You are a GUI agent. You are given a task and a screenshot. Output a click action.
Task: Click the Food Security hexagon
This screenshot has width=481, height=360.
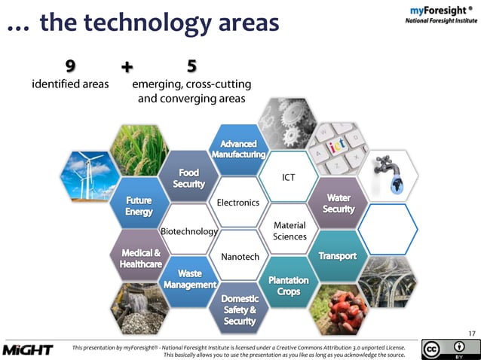pyautogui.click(x=188, y=178)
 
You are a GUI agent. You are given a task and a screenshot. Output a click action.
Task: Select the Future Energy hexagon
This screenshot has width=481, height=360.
pyautogui.click(x=139, y=206)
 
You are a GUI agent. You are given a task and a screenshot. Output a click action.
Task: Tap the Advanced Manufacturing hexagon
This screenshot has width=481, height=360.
pyautogui.click(x=238, y=148)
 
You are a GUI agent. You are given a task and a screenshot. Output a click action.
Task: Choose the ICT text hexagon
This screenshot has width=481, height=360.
pyautogui.click(x=288, y=178)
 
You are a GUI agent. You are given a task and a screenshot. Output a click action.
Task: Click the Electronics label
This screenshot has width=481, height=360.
pyautogui.click(x=237, y=203)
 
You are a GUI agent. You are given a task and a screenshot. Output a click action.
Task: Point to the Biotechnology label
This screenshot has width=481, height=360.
pyautogui.click(x=188, y=231)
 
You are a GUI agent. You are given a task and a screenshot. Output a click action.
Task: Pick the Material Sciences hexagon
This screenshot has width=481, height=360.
pyautogui.click(x=289, y=230)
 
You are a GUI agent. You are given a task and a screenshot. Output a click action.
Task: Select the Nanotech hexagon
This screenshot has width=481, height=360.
pyautogui.click(x=239, y=257)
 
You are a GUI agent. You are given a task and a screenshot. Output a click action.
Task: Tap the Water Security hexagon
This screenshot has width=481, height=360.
pyautogui.click(x=338, y=203)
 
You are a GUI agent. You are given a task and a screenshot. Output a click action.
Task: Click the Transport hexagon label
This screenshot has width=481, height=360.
pyautogui.click(x=337, y=256)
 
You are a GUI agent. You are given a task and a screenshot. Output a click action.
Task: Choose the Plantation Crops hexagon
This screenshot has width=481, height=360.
pyautogui.click(x=288, y=285)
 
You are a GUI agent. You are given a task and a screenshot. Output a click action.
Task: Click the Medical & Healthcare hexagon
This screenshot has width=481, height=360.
pyautogui.click(x=140, y=258)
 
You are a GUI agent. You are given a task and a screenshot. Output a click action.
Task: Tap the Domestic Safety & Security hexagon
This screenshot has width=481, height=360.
pyautogui.click(x=239, y=310)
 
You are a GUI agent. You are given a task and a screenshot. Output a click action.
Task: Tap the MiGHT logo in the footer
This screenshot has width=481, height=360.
pyautogui.click(x=27, y=349)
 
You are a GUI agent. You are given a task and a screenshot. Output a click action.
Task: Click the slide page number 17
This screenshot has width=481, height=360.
pyautogui.click(x=471, y=334)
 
